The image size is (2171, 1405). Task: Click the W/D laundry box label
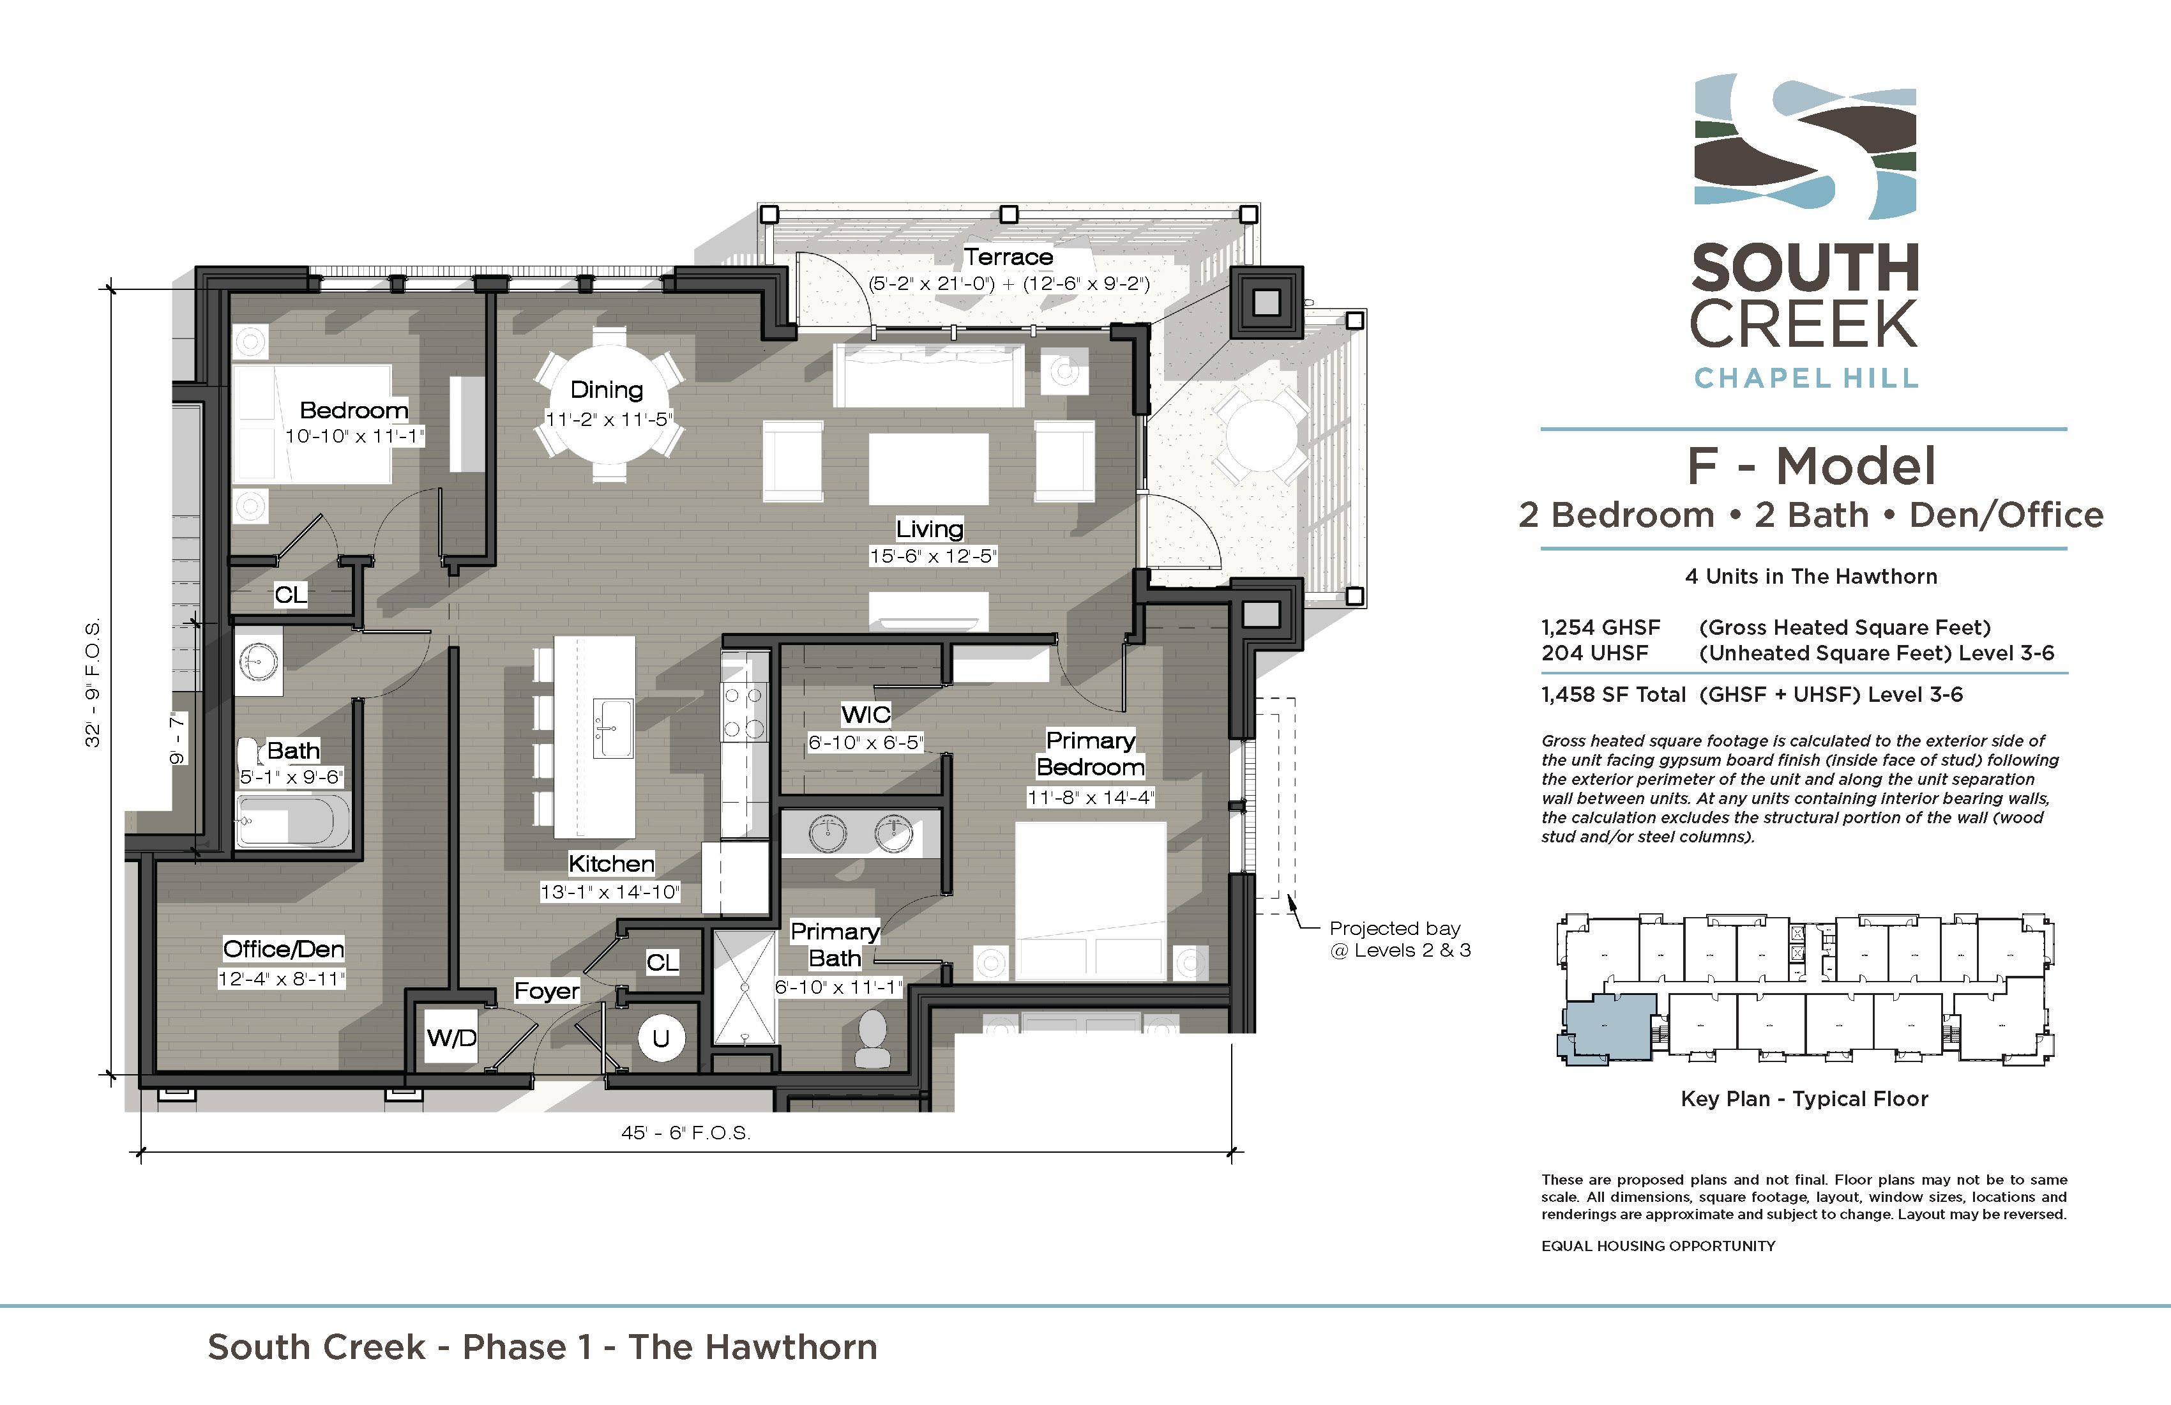pos(451,1038)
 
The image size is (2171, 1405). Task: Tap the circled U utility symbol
pos(660,1038)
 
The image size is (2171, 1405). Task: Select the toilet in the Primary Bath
pos(872,1039)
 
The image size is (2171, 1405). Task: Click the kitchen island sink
pos(613,729)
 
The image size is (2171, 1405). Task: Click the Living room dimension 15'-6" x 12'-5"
pos(932,556)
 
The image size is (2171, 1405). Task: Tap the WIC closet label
pos(866,715)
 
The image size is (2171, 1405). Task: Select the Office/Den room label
pos(284,950)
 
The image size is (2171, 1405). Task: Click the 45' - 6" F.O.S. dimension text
pos(686,1133)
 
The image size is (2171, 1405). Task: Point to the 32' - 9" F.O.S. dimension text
pos(93,683)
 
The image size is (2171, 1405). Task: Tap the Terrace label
pos(1008,257)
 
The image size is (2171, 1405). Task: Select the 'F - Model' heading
pos(1811,466)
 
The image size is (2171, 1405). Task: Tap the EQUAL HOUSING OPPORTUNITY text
pos(1658,1246)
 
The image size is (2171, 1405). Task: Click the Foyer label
pos(547,991)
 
